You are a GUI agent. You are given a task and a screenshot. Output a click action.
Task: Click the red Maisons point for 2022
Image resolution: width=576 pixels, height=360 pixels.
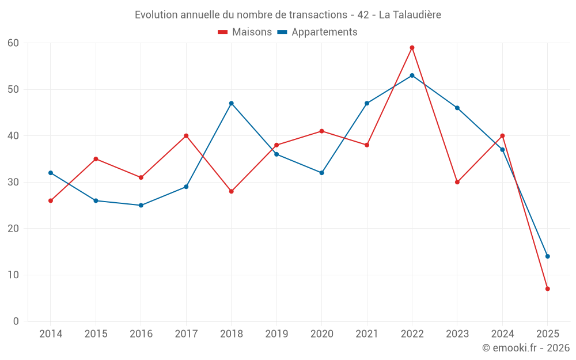(412, 48)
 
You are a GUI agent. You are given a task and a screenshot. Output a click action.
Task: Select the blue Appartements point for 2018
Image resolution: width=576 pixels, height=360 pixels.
(231, 103)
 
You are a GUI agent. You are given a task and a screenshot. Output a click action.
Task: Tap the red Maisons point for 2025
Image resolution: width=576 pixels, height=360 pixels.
(547, 289)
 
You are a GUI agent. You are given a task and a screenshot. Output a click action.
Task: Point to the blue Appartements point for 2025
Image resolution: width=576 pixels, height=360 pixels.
(547, 256)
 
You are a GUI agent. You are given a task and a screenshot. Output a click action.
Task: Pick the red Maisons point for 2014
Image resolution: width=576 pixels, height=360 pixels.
(51, 200)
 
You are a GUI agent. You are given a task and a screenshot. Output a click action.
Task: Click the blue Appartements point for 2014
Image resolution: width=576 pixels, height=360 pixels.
(51, 173)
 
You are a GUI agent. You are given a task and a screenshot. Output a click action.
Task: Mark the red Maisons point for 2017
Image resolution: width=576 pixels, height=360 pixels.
(186, 136)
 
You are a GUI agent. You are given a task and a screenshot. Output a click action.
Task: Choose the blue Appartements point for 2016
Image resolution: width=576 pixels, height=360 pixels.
(141, 205)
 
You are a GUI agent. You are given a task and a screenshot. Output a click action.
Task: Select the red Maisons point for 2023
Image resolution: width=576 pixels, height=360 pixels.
(457, 182)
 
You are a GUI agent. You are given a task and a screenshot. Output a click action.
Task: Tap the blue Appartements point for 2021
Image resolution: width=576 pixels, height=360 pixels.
(367, 103)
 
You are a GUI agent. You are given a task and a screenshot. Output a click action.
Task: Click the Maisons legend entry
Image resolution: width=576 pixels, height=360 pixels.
(245, 32)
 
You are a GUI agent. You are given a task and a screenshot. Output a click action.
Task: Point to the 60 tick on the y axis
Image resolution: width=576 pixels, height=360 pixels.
(13, 43)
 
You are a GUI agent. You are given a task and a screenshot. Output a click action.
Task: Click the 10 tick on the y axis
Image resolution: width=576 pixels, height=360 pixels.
(13, 275)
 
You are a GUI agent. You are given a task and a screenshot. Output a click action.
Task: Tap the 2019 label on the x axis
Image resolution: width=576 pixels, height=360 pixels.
(276, 334)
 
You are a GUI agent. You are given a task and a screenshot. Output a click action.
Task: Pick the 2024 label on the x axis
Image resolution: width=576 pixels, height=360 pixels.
(502, 334)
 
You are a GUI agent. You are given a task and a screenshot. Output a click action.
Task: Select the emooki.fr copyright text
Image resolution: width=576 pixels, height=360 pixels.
(525, 348)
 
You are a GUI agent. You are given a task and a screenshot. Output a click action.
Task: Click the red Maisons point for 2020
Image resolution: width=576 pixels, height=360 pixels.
(321, 131)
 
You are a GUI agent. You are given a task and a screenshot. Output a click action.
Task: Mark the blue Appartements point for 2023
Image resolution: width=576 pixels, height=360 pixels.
(457, 108)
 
